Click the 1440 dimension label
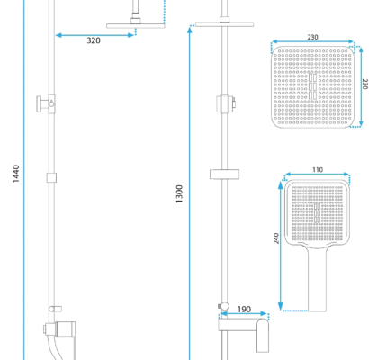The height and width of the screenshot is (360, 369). [x=16, y=174]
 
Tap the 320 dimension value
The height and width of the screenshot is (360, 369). [x=94, y=40]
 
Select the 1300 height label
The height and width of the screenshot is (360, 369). [x=179, y=194]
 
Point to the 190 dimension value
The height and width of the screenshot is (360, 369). [x=244, y=309]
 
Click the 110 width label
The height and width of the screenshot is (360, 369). [x=318, y=170]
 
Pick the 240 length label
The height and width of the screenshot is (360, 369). [x=276, y=238]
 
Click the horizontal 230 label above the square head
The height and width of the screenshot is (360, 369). [x=312, y=37]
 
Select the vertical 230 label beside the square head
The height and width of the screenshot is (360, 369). [x=364, y=84]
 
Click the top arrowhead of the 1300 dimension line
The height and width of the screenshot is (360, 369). [x=190, y=29]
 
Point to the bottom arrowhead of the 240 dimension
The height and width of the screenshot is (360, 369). [x=281, y=307]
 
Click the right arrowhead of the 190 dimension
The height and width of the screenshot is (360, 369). [x=265, y=314]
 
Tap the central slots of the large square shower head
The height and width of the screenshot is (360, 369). [x=312, y=86]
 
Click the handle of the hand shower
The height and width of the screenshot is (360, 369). [x=317, y=278]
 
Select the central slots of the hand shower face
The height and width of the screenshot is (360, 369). [x=317, y=212]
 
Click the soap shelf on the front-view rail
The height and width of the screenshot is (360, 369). [x=224, y=175]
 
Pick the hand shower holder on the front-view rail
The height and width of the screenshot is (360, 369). [x=226, y=103]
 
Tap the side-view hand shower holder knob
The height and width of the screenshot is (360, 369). [x=40, y=104]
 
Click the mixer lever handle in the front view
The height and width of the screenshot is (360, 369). [x=263, y=336]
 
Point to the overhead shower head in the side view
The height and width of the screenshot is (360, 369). [x=136, y=26]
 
